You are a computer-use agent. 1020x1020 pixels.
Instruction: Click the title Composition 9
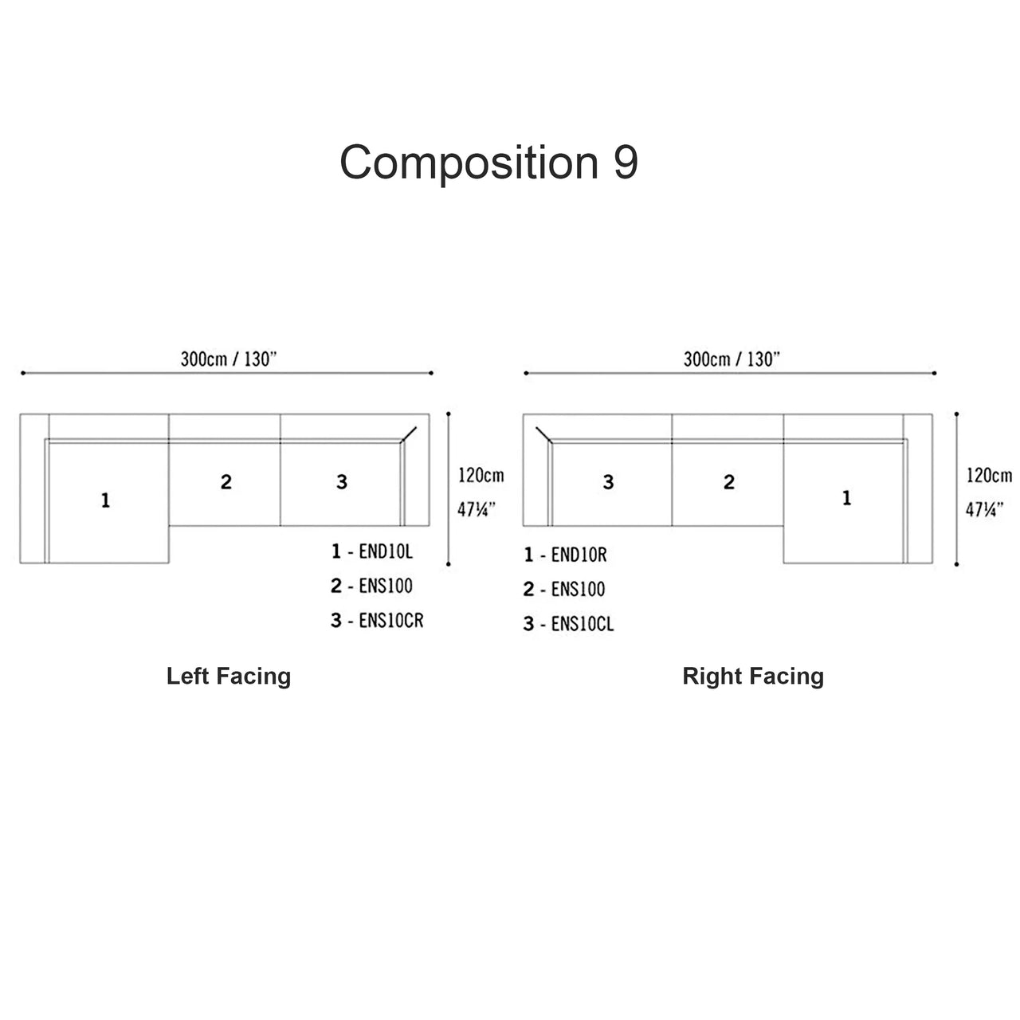click(x=488, y=163)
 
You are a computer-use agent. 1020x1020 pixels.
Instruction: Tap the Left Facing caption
click(x=229, y=677)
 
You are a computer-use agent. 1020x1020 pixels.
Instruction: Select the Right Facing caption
click(x=753, y=677)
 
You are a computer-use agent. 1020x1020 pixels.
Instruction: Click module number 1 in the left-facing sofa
click(x=105, y=500)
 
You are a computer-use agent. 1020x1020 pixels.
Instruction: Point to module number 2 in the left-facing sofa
click(x=226, y=481)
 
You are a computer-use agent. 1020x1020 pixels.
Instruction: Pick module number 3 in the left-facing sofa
click(x=342, y=481)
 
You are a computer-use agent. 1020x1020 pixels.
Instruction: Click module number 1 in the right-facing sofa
click(x=846, y=498)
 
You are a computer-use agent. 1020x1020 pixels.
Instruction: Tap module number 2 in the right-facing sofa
click(x=729, y=482)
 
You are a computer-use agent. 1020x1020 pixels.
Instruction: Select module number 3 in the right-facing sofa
click(x=608, y=482)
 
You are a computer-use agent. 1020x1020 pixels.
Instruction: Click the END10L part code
click(x=386, y=551)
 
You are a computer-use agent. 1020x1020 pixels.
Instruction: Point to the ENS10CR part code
click(x=390, y=621)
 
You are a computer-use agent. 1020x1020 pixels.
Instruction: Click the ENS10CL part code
click(x=583, y=624)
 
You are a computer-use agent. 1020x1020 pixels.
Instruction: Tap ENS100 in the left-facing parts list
click(x=386, y=586)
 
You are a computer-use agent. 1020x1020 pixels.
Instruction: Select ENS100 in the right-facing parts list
click(x=578, y=590)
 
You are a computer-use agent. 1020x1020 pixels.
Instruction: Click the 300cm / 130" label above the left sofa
click(x=228, y=359)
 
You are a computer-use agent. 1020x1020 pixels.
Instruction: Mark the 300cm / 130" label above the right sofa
click(x=731, y=359)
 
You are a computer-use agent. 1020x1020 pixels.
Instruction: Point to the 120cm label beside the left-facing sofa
click(x=481, y=476)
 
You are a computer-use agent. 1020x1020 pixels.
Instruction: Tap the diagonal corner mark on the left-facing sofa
click(x=410, y=433)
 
